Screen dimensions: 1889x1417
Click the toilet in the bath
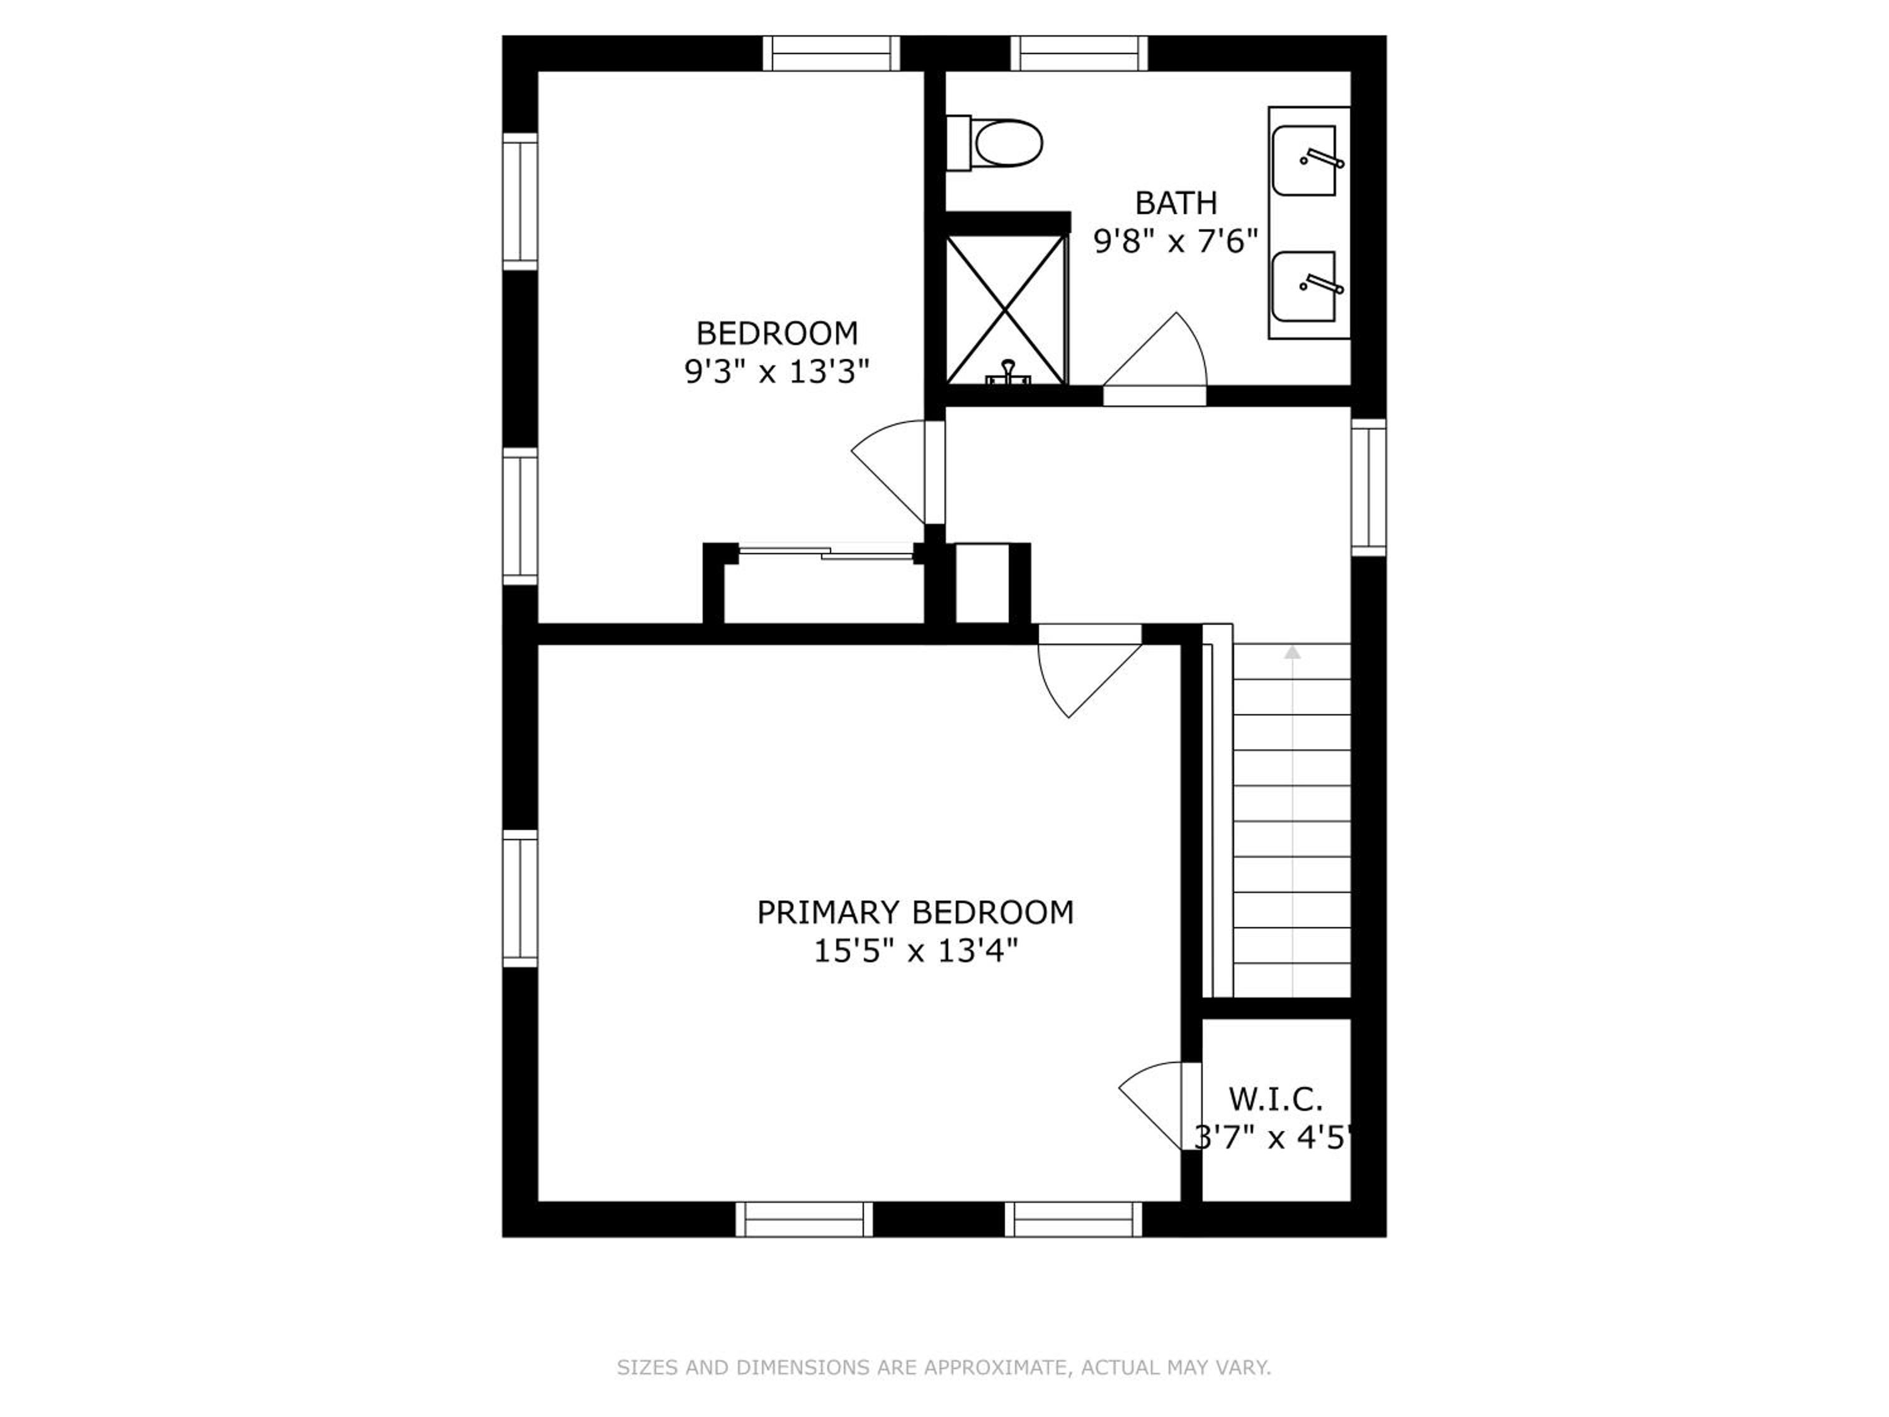coord(994,144)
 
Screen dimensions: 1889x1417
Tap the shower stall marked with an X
coord(1006,309)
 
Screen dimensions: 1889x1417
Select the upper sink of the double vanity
coord(1304,161)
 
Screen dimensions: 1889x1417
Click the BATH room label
coord(1176,203)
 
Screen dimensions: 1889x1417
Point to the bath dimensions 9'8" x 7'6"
coord(1176,242)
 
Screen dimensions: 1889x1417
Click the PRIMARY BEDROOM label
coord(915,912)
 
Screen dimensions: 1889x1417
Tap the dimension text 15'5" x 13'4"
coord(916,950)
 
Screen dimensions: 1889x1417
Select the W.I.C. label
coord(1276,1099)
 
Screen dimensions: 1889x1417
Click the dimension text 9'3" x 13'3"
coord(776,372)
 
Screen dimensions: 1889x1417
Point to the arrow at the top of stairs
coord(1293,652)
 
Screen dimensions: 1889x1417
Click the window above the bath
coord(1079,53)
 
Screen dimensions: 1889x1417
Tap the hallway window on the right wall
coord(1369,487)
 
